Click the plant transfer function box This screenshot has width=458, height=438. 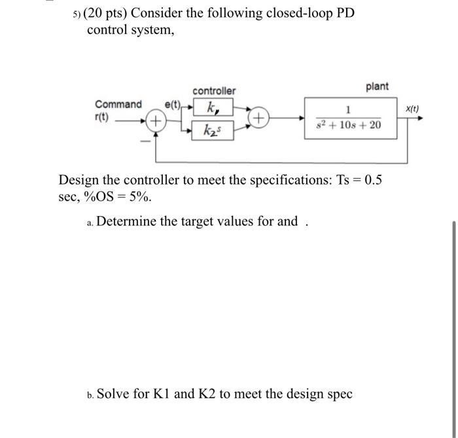[x=349, y=119]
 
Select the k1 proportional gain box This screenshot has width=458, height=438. [x=211, y=107]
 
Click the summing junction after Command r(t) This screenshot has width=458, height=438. [x=156, y=120]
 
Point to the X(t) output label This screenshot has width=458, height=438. [x=413, y=109]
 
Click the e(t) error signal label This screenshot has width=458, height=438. [x=173, y=104]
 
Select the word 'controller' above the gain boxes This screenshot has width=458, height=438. [x=214, y=90]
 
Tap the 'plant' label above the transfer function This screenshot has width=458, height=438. [x=377, y=86]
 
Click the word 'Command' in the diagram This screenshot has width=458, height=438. [x=118, y=104]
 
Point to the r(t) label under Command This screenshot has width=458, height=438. [x=103, y=118]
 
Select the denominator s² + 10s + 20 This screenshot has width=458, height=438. [x=348, y=125]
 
